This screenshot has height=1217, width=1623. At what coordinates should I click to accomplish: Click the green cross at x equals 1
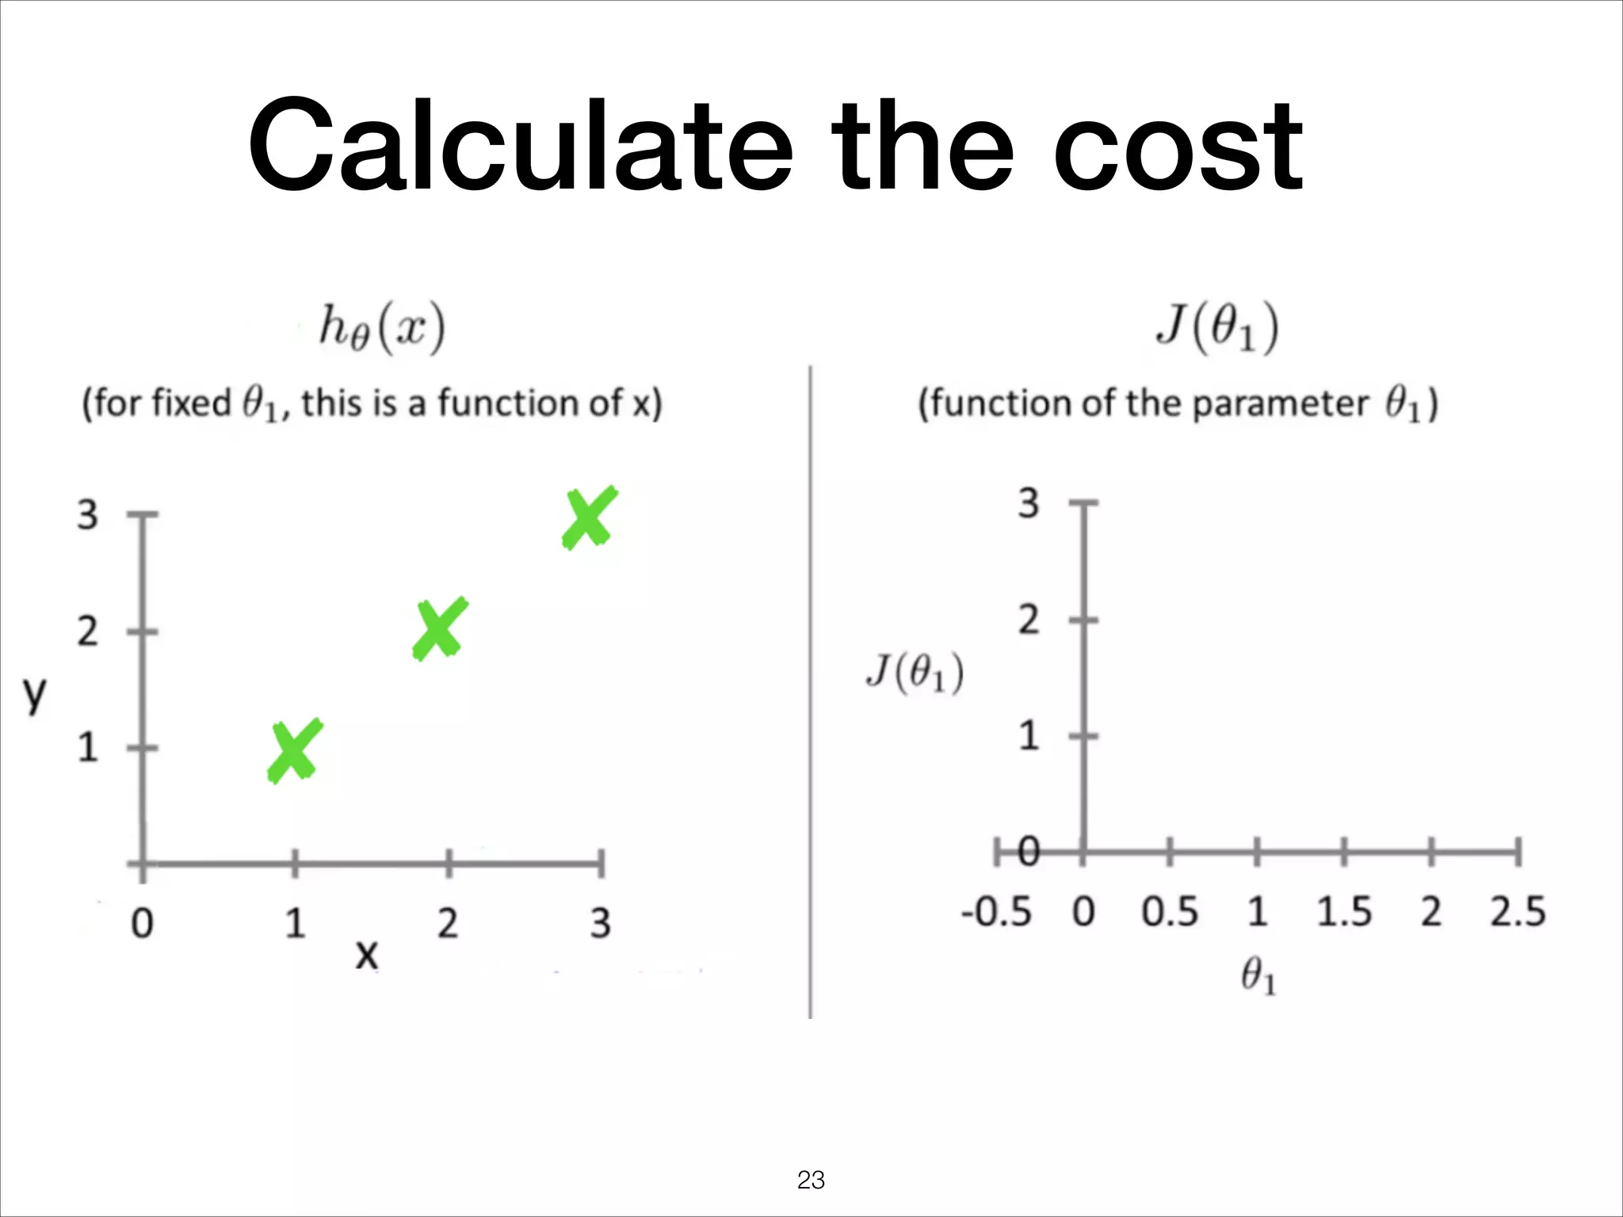tap(294, 751)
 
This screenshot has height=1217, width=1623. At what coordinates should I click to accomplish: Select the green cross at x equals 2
tap(440, 628)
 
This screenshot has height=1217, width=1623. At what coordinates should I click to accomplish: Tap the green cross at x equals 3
tap(589, 518)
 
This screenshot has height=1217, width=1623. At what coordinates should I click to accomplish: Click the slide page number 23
tap(811, 1180)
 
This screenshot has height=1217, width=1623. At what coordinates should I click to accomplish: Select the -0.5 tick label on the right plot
tap(996, 911)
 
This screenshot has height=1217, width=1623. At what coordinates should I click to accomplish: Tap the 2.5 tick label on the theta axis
tap(1517, 911)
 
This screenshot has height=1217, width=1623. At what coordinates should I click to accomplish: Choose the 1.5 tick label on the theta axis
tap(1344, 911)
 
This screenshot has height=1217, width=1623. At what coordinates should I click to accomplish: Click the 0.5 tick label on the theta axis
tap(1170, 911)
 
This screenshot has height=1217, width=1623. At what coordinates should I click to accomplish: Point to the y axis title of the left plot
tap(34, 695)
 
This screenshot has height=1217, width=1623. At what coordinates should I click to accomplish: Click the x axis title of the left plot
tap(366, 955)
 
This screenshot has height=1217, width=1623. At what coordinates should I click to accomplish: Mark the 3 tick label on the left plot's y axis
tap(87, 515)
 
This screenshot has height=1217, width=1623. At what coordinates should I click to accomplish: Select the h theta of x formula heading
tap(382, 327)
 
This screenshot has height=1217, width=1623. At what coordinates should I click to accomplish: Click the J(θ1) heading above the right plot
tap(1217, 327)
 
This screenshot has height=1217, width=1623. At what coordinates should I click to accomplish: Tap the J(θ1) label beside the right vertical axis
tap(915, 673)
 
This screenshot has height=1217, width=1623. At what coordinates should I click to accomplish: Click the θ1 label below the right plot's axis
tap(1258, 975)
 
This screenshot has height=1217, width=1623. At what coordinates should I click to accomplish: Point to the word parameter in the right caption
tap(1280, 403)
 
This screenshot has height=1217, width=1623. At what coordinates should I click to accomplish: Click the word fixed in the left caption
tap(189, 403)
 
